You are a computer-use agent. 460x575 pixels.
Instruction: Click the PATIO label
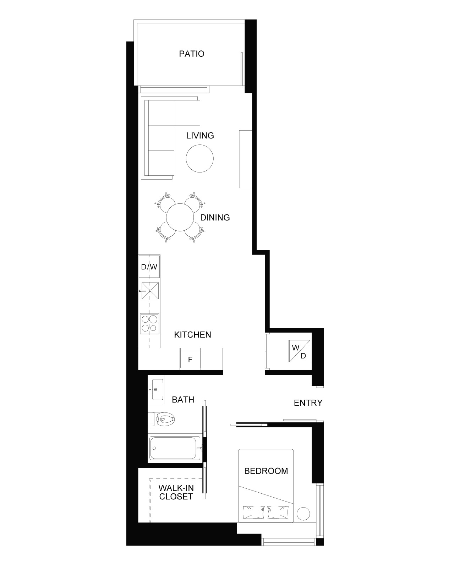tap(191, 54)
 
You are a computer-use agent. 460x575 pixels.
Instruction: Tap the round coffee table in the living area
tap(200, 158)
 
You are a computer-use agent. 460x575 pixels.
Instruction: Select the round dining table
tap(180, 217)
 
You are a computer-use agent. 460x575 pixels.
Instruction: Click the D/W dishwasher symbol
tap(149, 267)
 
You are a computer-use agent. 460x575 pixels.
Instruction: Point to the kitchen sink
tap(150, 291)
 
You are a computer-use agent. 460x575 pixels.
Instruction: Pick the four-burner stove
tap(149, 324)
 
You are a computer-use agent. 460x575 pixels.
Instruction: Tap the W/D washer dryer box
tap(299, 351)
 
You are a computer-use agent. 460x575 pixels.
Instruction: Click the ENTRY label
tap(308, 402)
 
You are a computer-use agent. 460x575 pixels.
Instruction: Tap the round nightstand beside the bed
tap(303, 513)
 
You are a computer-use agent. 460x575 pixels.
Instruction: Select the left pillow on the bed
tap(254, 513)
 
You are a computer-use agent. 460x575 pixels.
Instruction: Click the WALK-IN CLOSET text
tap(176, 492)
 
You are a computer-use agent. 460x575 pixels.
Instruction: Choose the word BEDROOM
tap(266, 471)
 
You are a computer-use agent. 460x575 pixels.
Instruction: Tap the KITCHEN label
tap(192, 334)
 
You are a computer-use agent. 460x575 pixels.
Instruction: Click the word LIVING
tap(200, 136)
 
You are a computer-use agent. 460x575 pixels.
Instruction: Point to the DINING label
tap(215, 218)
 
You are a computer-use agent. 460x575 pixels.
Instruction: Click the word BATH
tap(183, 399)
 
